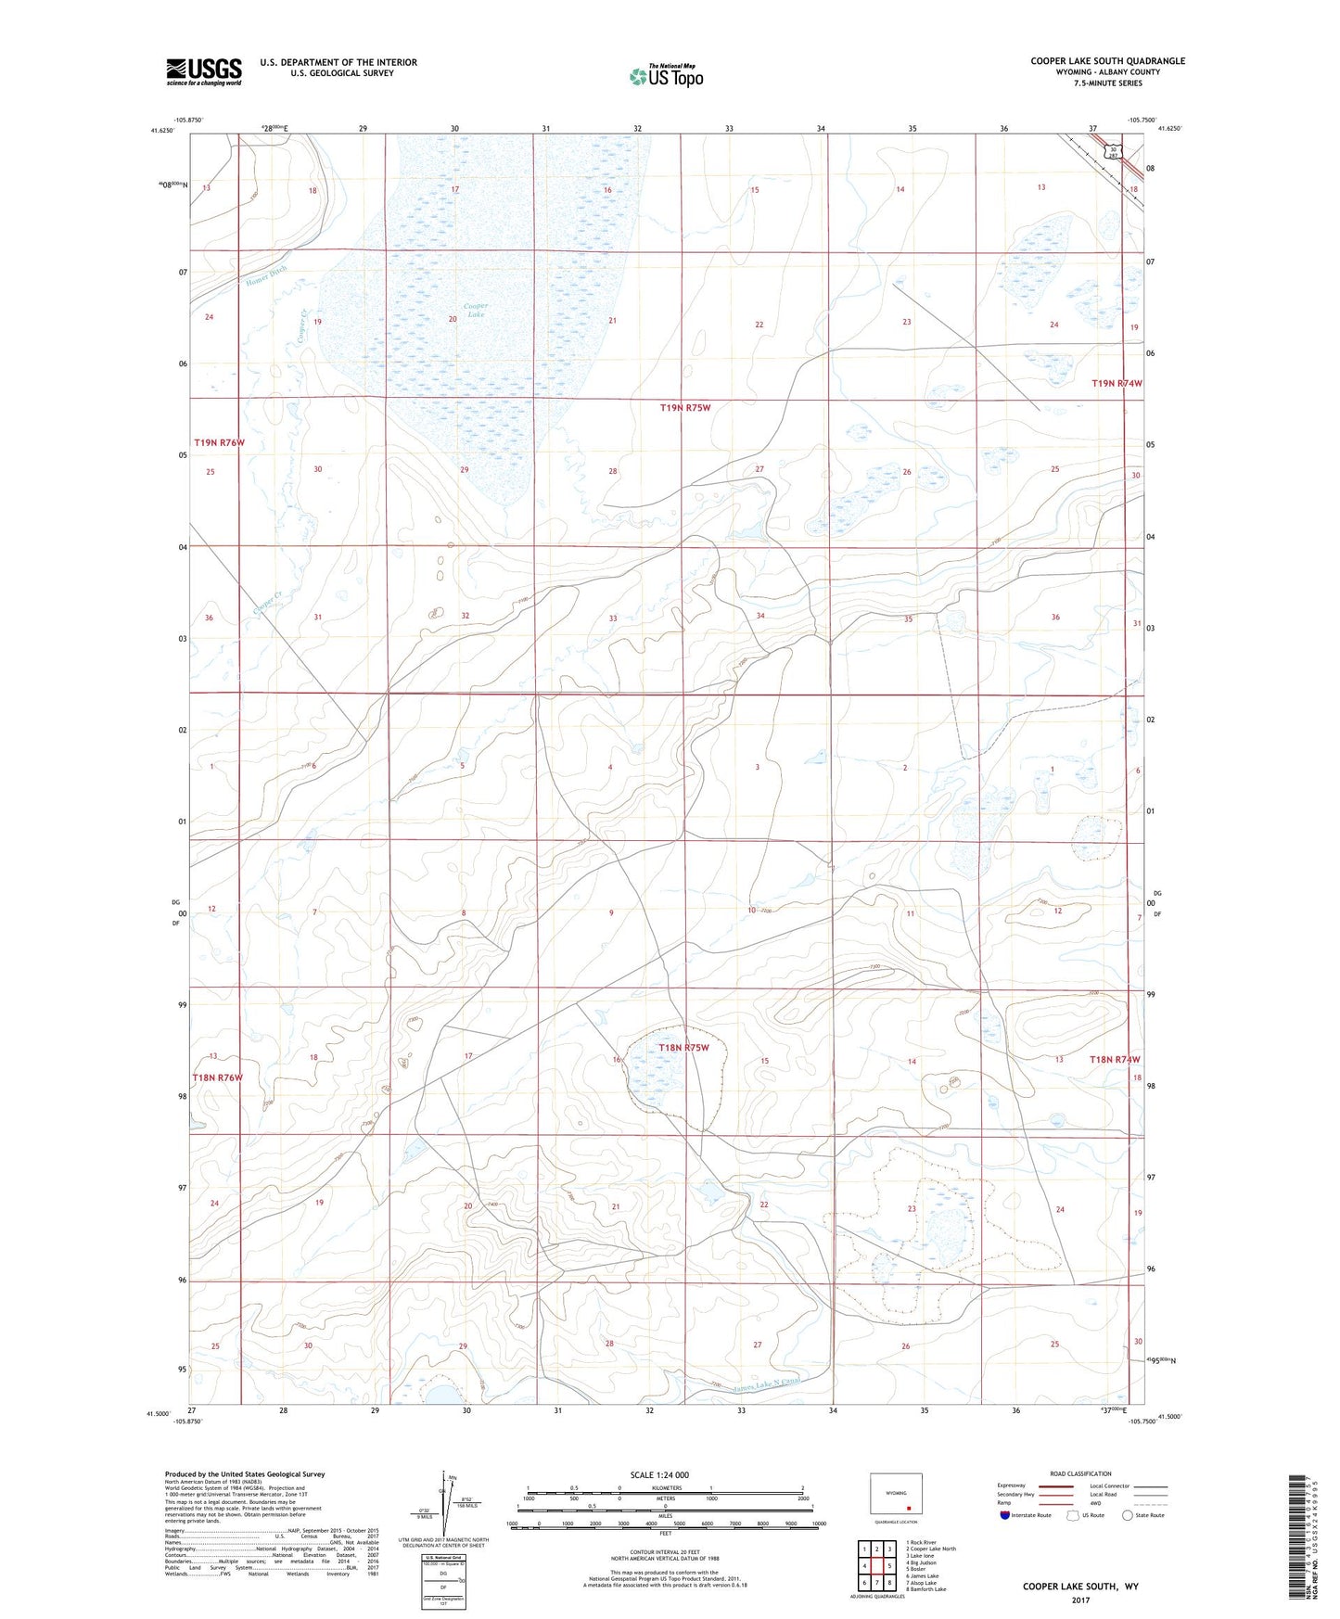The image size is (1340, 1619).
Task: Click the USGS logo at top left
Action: [x=204, y=71]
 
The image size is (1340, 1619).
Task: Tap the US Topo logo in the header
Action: [x=666, y=76]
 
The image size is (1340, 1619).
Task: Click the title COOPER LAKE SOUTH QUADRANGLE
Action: [x=1107, y=61]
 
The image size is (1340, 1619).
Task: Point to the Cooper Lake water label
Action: [x=476, y=310]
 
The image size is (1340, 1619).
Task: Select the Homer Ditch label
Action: [x=267, y=276]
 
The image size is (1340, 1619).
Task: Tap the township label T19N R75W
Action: [x=684, y=408]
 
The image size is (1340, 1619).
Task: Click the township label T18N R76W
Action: [x=217, y=1077]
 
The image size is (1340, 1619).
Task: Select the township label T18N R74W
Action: [x=1114, y=1059]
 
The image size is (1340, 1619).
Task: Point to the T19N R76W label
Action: [x=219, y=442]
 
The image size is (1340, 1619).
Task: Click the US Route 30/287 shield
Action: [x=1110, y=150]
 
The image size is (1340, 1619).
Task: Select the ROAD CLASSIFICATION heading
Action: [x=1080, y=1473]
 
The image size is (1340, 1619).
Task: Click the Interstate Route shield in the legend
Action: [x=1006, y=1515]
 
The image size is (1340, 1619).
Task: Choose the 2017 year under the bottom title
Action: [x=1080, y=1600]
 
